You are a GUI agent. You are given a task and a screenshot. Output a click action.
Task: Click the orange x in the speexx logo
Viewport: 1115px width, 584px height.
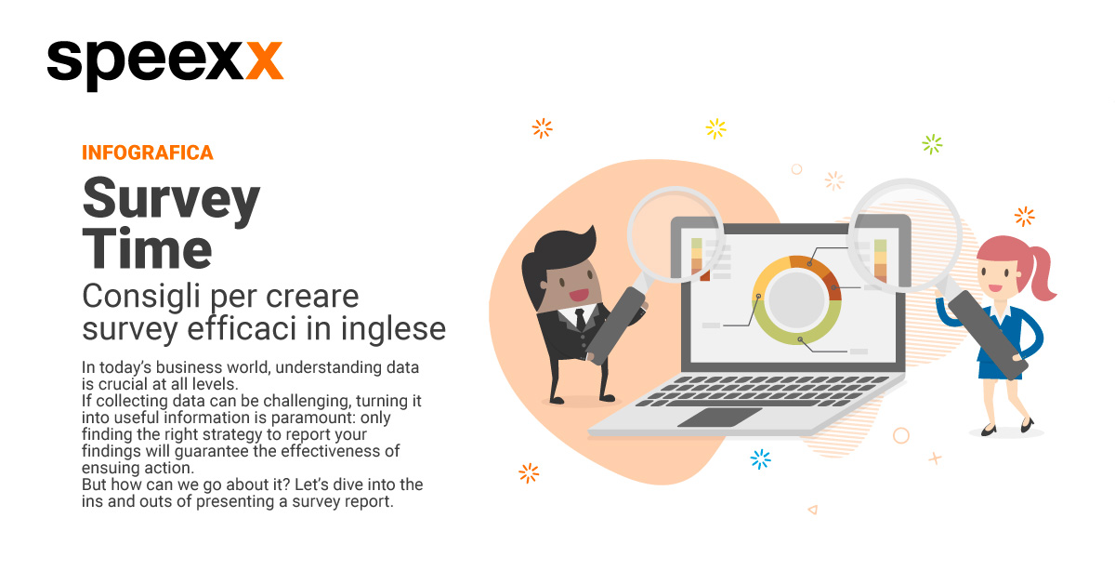click(x=264, y=60)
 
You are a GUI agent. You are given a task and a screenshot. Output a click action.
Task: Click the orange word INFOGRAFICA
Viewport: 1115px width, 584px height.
click(x=148, y=153)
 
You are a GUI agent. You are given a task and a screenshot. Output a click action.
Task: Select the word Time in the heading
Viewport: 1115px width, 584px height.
click(x=148, y=248)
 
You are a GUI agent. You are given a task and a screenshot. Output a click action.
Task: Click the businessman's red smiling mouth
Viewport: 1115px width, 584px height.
click(x=579, y=295)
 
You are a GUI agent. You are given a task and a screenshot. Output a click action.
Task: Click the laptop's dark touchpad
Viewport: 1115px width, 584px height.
click(x=720, y=418)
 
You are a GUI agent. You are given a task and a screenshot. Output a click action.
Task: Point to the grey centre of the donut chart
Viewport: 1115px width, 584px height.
click(x=796, y=299)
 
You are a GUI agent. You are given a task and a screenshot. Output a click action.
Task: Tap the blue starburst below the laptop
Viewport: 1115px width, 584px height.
click(x=760, y=459)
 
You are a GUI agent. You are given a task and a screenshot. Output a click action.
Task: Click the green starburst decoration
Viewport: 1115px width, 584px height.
click(x=932, y=144)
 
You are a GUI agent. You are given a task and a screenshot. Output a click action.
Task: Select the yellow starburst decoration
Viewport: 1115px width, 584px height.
click(x=715, y=129)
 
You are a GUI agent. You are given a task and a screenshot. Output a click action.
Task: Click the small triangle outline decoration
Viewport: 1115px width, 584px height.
click(x=813, y=510)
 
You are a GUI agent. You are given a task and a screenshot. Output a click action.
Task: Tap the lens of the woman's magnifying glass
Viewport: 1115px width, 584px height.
click(x=905, y=235)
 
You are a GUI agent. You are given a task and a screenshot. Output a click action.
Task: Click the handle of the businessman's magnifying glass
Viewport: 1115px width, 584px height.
click(x=615, y=325)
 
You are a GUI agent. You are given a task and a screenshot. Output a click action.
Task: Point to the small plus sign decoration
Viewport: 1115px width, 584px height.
click(x=935, y=458)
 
